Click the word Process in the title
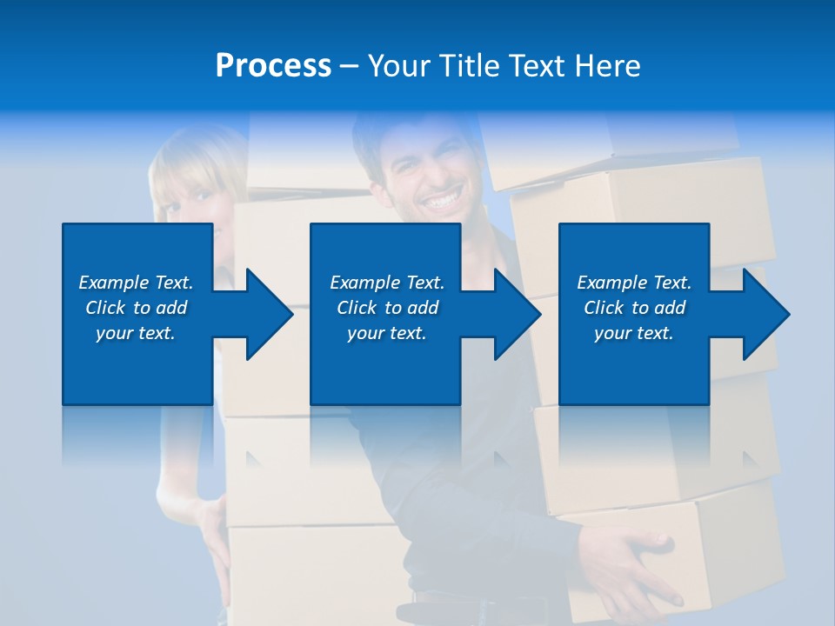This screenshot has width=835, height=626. [x=273, y=66]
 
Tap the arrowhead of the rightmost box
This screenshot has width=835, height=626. [x=765, y=314]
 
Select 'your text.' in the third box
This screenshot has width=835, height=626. [x=633, y=333]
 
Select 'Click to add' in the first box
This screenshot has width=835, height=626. [x=137, y=308]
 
